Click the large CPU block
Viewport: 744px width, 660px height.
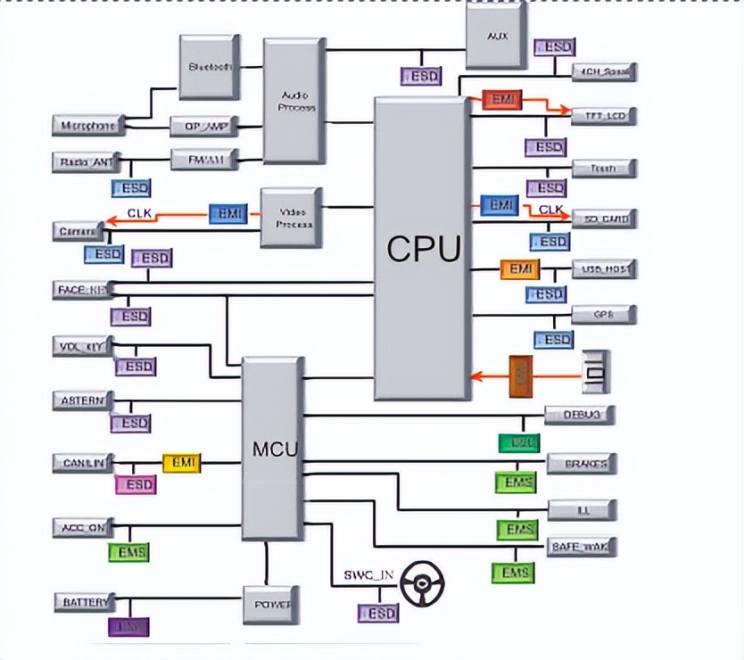(423, 249)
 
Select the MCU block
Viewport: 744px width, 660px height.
(272, 448)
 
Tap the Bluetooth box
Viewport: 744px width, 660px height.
(211, 67)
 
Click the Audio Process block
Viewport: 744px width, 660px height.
(294, 101)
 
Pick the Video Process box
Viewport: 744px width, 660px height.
(290, 217)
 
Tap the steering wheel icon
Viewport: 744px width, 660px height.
(422, 584)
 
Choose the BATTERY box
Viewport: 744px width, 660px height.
(86, 602)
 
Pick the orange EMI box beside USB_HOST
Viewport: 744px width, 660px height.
(519, 268)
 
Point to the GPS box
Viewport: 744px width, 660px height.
(603, 314)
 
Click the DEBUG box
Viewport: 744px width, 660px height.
(580, 415)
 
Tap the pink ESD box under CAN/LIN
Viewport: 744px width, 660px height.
(135, 485)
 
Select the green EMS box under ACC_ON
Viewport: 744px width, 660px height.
(128, 552)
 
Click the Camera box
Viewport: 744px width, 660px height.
(79, 232)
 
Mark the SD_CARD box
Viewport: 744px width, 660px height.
(603, 218)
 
